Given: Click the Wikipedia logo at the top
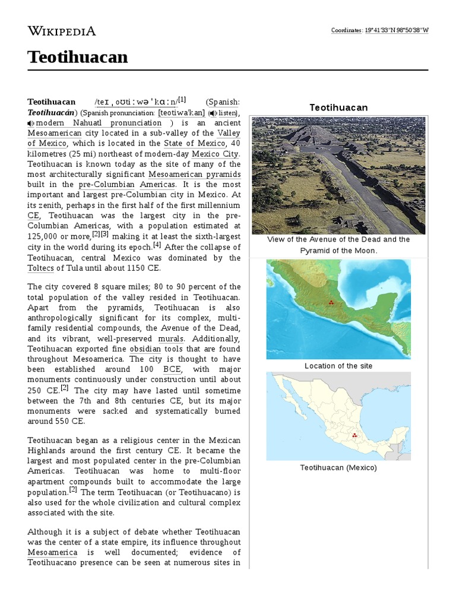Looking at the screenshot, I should click(62, 31).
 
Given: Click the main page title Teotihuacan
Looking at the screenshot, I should click(78, 57).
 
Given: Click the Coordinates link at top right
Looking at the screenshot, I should click(346, 30).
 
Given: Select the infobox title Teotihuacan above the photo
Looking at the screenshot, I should click(338, 107).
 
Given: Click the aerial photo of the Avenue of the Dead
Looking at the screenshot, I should click(338, 175).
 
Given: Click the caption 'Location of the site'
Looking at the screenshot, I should click(338, 366).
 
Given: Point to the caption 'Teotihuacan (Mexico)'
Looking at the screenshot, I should click(338, 467).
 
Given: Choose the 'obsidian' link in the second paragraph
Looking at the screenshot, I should click(145, 348).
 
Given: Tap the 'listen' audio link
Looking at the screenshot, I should click(224, 112).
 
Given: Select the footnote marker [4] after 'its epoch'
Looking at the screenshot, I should click(157, 245).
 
